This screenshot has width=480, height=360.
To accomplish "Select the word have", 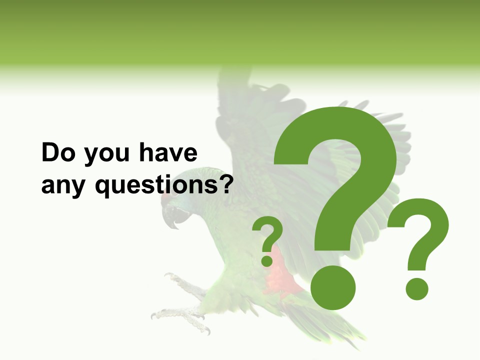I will coord(167,152).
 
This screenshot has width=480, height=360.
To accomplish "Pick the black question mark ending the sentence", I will coord(226,184).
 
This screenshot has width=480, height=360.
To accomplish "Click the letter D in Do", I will coord(50,152).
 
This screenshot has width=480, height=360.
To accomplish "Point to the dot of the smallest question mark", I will coord(267,261).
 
